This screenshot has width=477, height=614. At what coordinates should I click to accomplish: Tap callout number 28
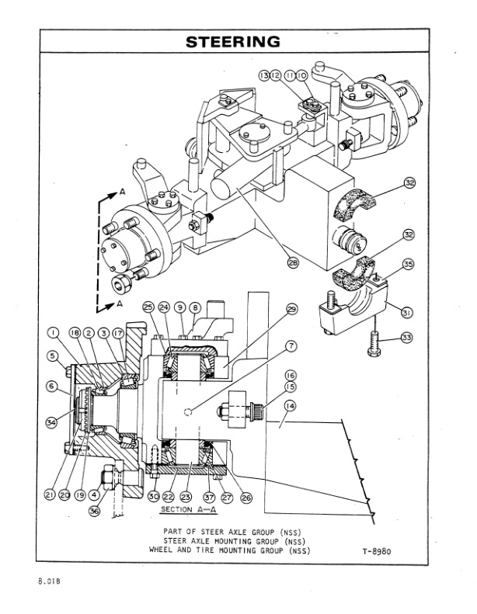pos(293,263)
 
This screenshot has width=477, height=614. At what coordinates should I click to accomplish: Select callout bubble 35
pos(408,264)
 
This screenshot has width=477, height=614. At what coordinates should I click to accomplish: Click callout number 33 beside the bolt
pos(408,338)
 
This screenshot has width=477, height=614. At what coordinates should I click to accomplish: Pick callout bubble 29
pos(292,309)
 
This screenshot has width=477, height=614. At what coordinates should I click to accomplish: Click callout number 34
pos(52,422)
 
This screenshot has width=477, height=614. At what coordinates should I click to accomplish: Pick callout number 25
pos(149,307)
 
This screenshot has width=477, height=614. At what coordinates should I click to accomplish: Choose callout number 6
pos(52,386)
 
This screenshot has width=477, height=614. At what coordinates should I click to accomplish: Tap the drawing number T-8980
pos(376,552)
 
